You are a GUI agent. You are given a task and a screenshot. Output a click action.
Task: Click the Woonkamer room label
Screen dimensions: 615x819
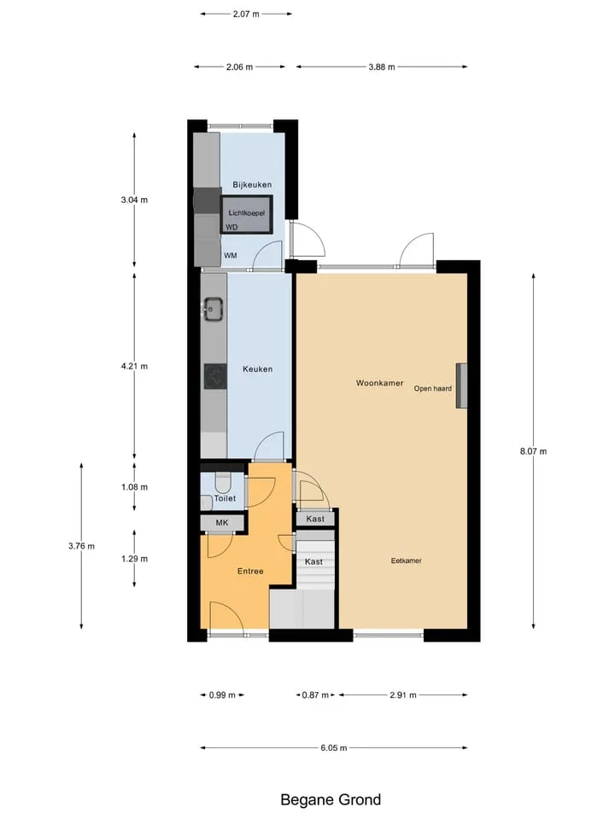[379, 383]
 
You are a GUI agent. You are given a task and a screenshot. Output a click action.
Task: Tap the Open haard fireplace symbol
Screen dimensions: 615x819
[461, 386]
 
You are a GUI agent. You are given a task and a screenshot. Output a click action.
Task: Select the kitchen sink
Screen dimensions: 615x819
[214, 309]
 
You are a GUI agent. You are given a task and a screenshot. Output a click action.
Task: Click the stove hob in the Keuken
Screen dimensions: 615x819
[215, 376]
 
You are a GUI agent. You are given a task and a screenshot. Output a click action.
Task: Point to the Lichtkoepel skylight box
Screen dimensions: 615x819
[246, 214]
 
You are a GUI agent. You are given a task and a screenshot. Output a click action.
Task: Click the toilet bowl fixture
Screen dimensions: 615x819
[223, 483]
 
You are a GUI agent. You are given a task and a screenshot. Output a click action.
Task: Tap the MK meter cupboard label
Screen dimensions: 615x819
[222, 522]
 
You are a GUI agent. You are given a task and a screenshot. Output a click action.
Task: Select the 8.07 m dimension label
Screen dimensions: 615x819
[533, 451]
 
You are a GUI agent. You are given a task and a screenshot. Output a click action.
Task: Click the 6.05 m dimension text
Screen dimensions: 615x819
[334, 747]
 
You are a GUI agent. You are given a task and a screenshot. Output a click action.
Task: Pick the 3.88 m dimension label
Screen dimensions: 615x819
[382, 67]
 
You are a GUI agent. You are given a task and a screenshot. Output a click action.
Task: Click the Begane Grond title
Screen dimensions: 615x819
[331, 799]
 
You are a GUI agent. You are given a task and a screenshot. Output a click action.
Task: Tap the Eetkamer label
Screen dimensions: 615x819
[407, 561]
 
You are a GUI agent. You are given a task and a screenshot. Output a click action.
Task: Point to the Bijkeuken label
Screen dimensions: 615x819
[252, 184]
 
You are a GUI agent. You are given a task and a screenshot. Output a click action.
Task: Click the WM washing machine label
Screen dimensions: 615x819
[230, 255]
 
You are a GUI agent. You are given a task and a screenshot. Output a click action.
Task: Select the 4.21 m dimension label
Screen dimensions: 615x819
[134, 366]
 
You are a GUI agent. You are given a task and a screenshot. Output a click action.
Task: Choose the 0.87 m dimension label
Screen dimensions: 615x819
[315, 694]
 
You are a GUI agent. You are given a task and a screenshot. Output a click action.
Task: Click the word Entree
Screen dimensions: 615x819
[250, 571]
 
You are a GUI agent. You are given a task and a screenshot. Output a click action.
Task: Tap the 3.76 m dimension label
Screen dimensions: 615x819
[82, 546]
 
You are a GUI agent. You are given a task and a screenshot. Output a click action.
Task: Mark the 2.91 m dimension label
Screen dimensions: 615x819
[403, 694]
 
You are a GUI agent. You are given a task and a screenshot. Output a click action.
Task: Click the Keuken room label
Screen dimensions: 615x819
[257, 369]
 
